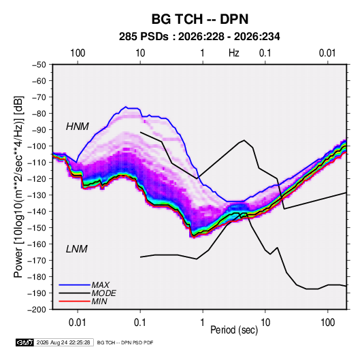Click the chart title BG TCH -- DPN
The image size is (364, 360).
point(200,19)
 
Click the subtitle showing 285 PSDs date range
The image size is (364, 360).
point(199,37)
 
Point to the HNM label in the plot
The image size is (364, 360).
point(78,127)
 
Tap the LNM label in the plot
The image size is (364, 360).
point(77,249)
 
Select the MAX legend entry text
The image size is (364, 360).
point(100,285)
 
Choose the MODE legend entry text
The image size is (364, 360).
point(104,293)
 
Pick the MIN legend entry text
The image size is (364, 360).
point(99,301)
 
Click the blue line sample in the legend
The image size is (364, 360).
point(75,285)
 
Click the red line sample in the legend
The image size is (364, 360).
point(75,301)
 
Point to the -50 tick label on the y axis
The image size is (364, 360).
point(39,65)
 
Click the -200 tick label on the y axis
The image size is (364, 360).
point(37,310)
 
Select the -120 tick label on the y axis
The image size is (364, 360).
point(37,179)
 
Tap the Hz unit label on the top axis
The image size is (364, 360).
point(234,53)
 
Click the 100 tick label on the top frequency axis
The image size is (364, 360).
point(78,53)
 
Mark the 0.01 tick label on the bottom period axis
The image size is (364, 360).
point(78,323)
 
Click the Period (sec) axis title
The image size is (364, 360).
point(234,330)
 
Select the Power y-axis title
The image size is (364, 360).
point(18,186)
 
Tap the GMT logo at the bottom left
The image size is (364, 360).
point(24,342)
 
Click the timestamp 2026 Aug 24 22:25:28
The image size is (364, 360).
point(63,342)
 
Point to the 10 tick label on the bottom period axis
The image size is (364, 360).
point(265,323)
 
